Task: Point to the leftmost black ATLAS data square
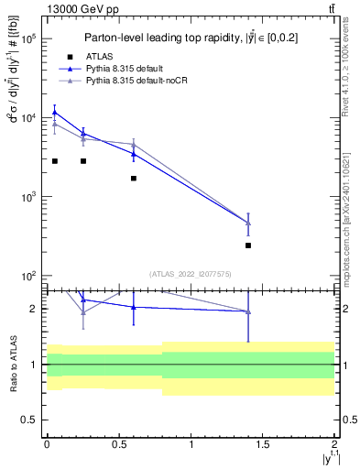click(55, 161)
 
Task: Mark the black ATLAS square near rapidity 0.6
click(134, 179)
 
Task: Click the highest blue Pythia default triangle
click(55, 112)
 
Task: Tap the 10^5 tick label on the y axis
click(27, 39)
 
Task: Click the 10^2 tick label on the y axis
click(27, 276)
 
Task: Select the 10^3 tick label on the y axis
click(27, 197)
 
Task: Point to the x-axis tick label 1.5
click(263, 443)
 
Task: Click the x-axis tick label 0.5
click(118, 443)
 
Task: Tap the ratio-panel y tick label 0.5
click(27, 420)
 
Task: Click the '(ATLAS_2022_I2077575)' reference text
click(191, 274)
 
